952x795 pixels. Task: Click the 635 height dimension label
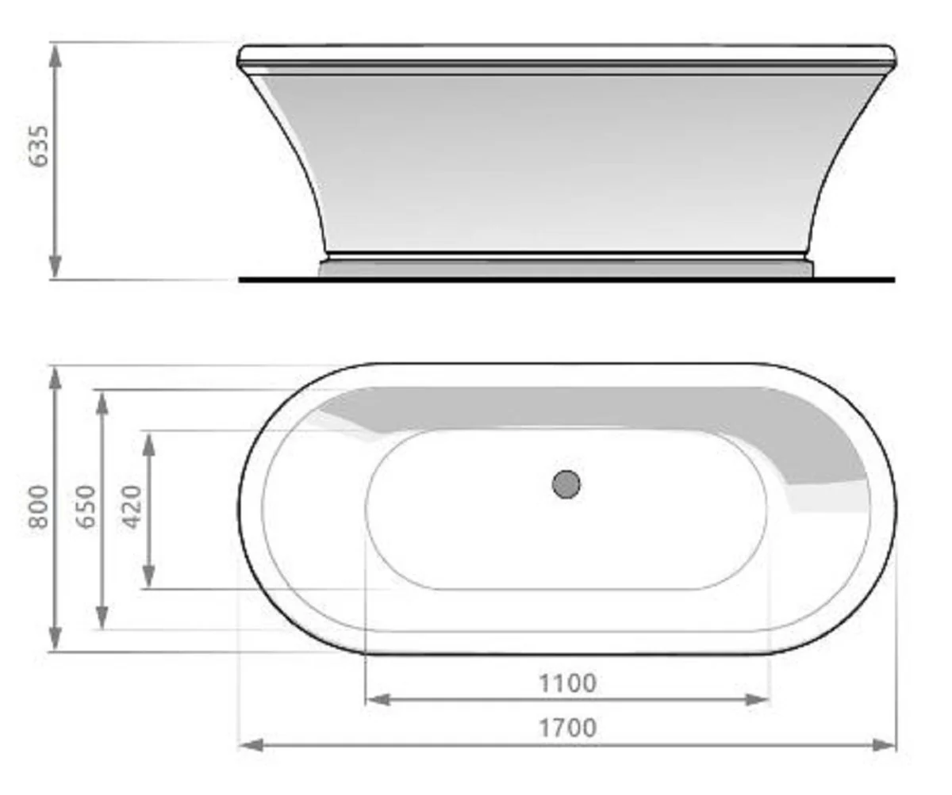[39, 145]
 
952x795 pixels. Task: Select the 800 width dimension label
[38, 507]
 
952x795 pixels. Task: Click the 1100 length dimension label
[567, 682]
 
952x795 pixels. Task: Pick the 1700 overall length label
[567, 727]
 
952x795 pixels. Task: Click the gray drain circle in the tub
[566, 483]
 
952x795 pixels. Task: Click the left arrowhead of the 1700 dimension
[250, 745]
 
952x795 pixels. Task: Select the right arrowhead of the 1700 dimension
[885, 745]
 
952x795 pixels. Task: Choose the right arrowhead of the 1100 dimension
[758, 699]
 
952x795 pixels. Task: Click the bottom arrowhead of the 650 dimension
[102, 618]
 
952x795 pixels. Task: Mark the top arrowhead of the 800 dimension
[55, 377]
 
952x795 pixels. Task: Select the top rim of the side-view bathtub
[566, 55]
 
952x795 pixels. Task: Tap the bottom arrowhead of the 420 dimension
[148, 577]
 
